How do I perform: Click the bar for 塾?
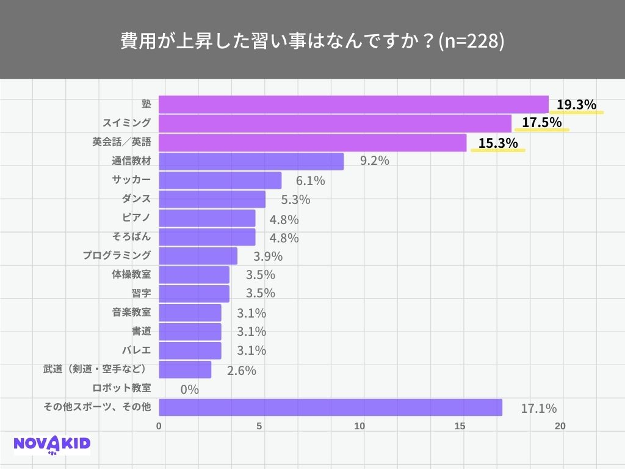point(353,104)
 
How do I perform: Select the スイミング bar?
point(334,123)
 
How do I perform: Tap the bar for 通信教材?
point(251,161)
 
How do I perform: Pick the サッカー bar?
point(220,180)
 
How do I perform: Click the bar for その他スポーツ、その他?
point(330,407)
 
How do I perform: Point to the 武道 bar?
point(185,369)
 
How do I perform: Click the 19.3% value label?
point(576,105)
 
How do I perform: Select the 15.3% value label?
point(498,144)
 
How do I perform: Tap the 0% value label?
point(190,389)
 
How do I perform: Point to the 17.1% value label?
point(538,409)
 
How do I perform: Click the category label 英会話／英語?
point(121,142)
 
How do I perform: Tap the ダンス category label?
point(136,198)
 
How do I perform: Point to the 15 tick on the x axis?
point(461,426)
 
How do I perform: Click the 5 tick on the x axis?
point(259,426)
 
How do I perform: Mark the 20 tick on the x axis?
point(560,426)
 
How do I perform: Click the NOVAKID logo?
point(52,445)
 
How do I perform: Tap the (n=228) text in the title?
point(471,41)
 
